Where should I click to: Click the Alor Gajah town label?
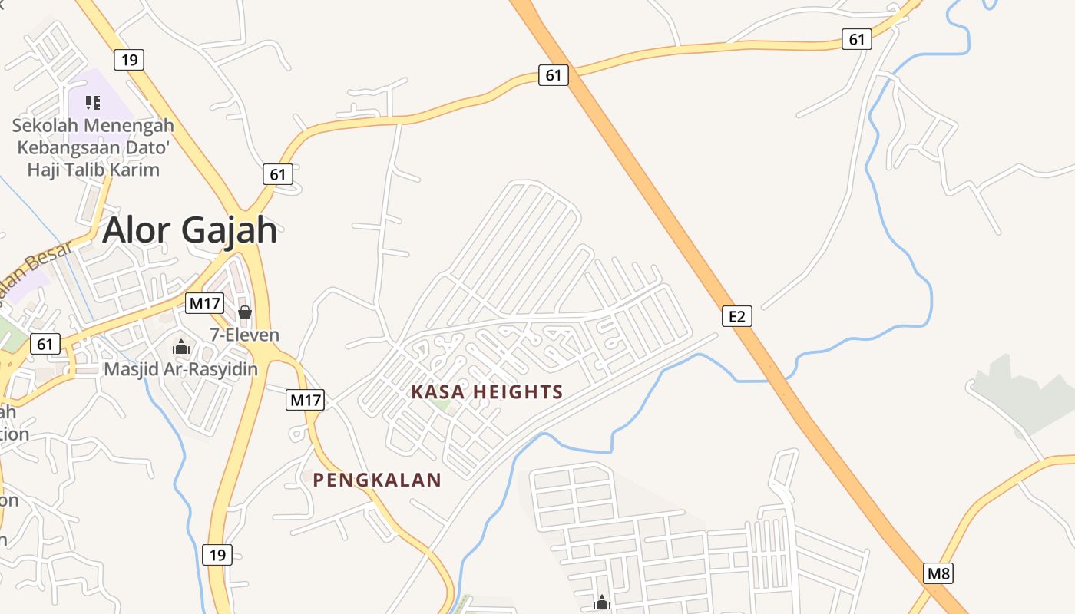(x=190, y=229)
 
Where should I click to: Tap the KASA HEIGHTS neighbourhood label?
(x=487, y=392)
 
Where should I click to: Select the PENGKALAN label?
(x=377, y=480)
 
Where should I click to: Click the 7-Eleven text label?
(x=245, y=335)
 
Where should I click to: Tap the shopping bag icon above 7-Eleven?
(x=245, y=312)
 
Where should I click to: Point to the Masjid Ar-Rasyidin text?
(x=181, y=369)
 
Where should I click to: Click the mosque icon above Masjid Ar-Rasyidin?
(x=181, y=348)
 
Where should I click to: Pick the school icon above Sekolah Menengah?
(x=93, y=103)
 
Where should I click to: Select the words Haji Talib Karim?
(x=94, y=170)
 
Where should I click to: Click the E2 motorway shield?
(x=736, y=316)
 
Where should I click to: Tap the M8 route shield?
(x=938, y=573)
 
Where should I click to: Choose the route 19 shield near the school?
(x=129, y=60)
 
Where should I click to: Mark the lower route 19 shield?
(x=218, y=554)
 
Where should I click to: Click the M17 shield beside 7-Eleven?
(x=204, y=303)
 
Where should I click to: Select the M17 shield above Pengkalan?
(x=306, y=399)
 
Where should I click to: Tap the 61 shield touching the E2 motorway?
(x=554, y=74)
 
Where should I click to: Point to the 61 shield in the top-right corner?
(x=857, y=39)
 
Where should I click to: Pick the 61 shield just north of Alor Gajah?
(x=277, y=174)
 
